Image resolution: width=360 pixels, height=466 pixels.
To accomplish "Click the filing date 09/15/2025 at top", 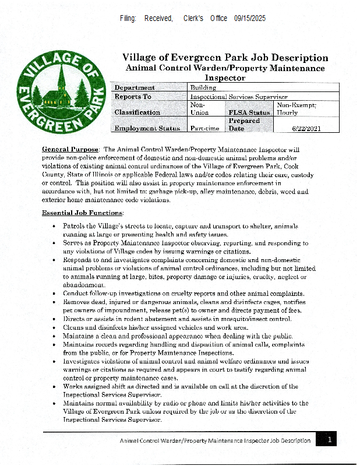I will (250, 19).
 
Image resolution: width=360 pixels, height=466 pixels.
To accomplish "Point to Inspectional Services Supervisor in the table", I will (239, 97).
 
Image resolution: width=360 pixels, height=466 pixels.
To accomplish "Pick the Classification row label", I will (137, 112).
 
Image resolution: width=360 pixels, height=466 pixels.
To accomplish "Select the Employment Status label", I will (147, 128).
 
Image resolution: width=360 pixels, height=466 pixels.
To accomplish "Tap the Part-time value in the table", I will (204, 128).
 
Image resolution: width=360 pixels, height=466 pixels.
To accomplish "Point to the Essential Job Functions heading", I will (82, 213).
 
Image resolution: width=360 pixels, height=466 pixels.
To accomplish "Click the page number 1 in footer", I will (329, 440).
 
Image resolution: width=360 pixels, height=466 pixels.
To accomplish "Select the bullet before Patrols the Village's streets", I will (54, 225).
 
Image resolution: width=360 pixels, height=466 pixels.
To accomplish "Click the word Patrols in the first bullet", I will (75, 225).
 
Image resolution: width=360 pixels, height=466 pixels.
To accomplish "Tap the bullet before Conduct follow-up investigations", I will (54, 294).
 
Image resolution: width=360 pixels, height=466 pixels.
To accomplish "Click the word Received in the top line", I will (158, 19).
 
